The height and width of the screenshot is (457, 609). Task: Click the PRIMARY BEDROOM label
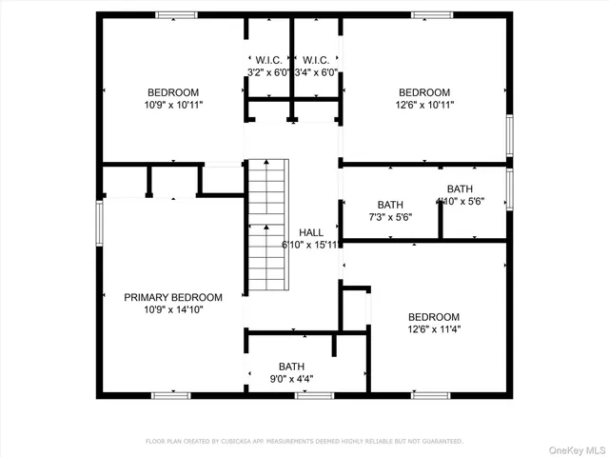173,297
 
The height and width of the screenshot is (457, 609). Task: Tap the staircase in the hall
266,228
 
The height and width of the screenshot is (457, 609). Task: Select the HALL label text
311,232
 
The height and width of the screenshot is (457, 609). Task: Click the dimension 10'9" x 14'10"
173,309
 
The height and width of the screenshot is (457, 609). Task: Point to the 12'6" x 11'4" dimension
434,329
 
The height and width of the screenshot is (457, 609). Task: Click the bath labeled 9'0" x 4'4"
292,367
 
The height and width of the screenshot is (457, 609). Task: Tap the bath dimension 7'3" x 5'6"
390,217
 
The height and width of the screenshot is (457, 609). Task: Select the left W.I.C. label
266,59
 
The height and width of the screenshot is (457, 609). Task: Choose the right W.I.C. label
316,59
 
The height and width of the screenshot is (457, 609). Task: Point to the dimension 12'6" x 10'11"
424,105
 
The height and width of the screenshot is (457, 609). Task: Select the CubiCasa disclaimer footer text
304,442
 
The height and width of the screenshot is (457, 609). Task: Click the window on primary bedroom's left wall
99,225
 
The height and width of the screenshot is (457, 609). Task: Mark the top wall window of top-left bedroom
177,14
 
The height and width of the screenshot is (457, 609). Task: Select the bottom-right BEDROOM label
434,317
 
